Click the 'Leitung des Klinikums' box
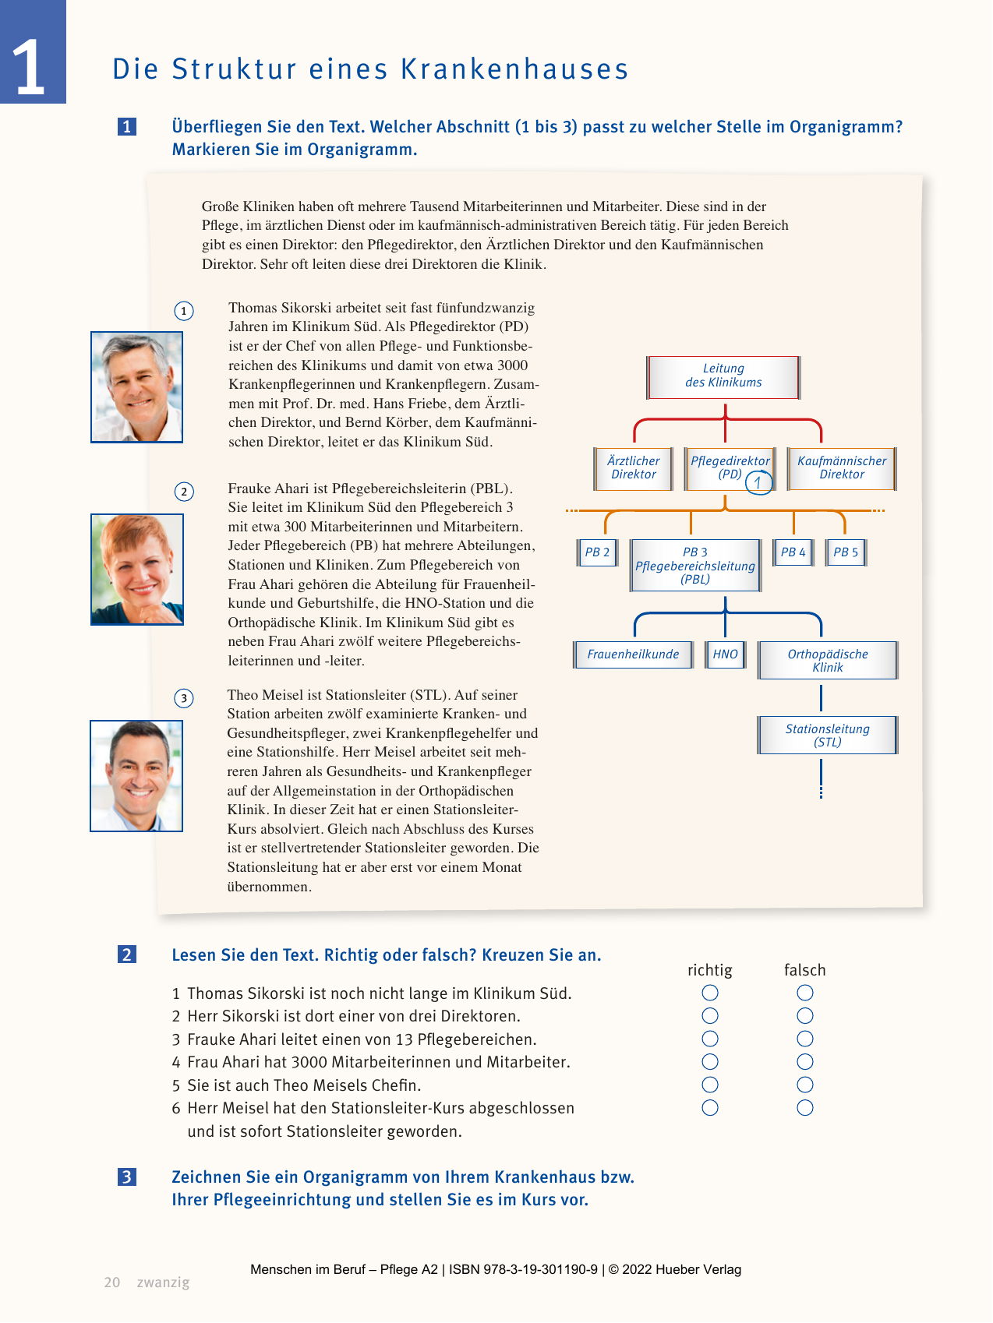tap(723, 377)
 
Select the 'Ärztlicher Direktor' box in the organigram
tap(633, 468)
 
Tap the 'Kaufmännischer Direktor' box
tap(842, 468)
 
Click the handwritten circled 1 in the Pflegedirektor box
tap(758, 483)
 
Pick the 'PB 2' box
tap(597, 552)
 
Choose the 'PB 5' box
tap(846, 552)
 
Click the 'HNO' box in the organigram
tap(725, 654)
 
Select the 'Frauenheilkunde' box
tap(633, 654)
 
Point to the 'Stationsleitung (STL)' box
tap(827, 736)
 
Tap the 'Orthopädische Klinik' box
tap(827, 661)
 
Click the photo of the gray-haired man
tap(137, 387)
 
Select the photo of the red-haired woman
tap(137, 570)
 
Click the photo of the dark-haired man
tap(136, 776)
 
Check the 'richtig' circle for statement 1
tap(710, 993)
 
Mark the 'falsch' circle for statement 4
tap(805, 1062)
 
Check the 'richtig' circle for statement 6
tap(710, 1108)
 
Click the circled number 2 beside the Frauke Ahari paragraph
tap(184, 492)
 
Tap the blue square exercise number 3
tap(127, 1177)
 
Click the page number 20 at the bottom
tap(112, 1282)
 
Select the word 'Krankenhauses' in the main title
tap(514, 69)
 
